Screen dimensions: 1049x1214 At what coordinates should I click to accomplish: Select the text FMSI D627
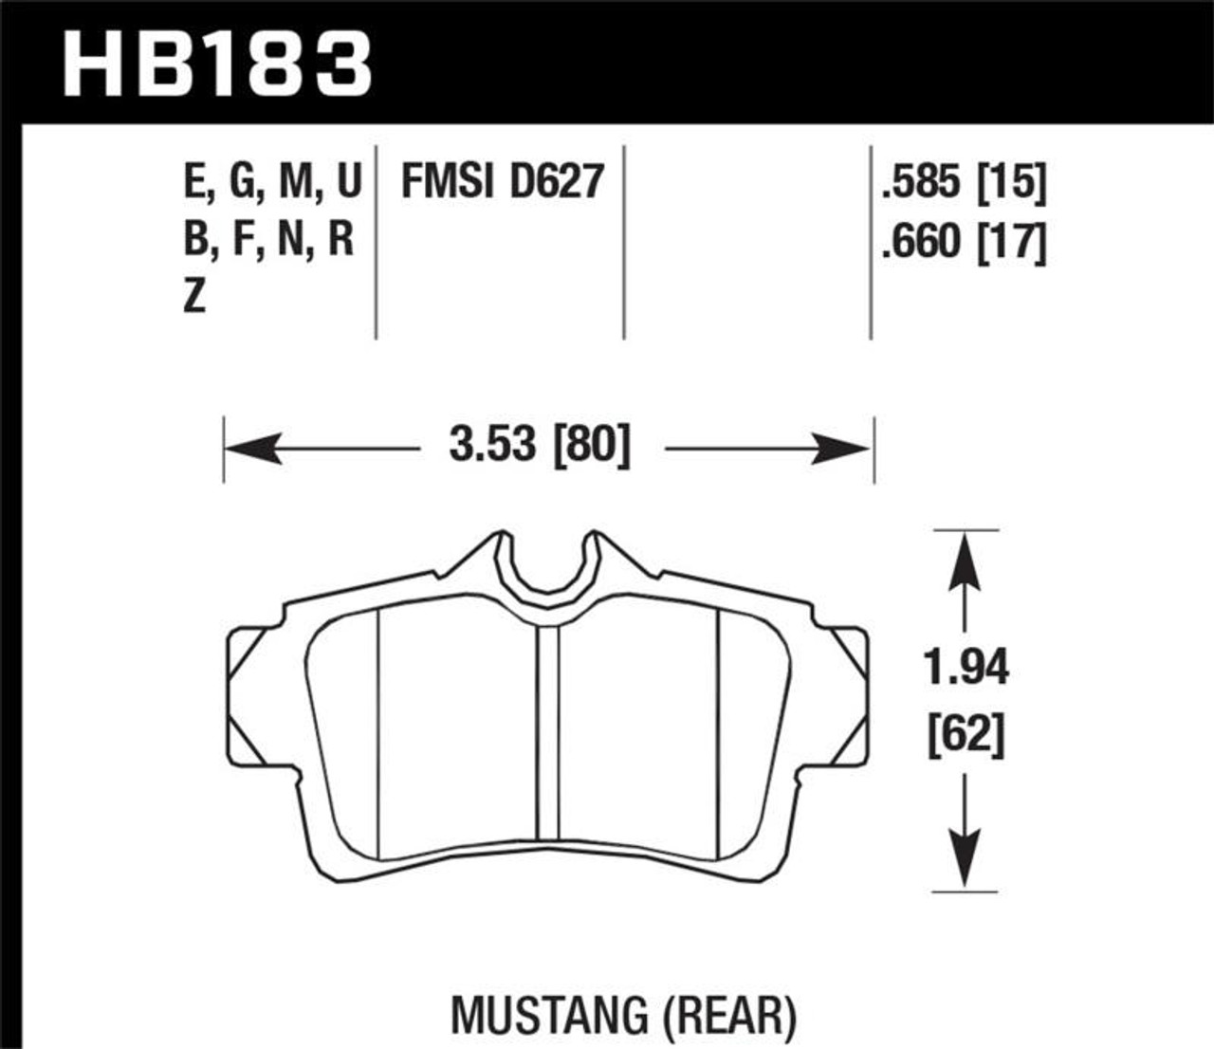(x=502, y=180)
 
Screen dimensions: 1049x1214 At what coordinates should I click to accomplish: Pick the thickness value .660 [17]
(x=963, y=243)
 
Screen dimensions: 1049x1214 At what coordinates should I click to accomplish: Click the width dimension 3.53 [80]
(x=540, y=444)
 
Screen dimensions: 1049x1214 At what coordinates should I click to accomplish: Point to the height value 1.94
(x=966, y=669)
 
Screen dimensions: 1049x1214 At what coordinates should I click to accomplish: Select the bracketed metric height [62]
(x=966, y=734)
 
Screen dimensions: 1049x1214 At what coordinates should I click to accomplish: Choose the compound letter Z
(x=194, y=298)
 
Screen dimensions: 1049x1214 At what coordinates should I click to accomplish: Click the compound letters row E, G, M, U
(x=272, y=180)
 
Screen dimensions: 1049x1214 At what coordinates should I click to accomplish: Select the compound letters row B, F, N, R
(x=268, y=240)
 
